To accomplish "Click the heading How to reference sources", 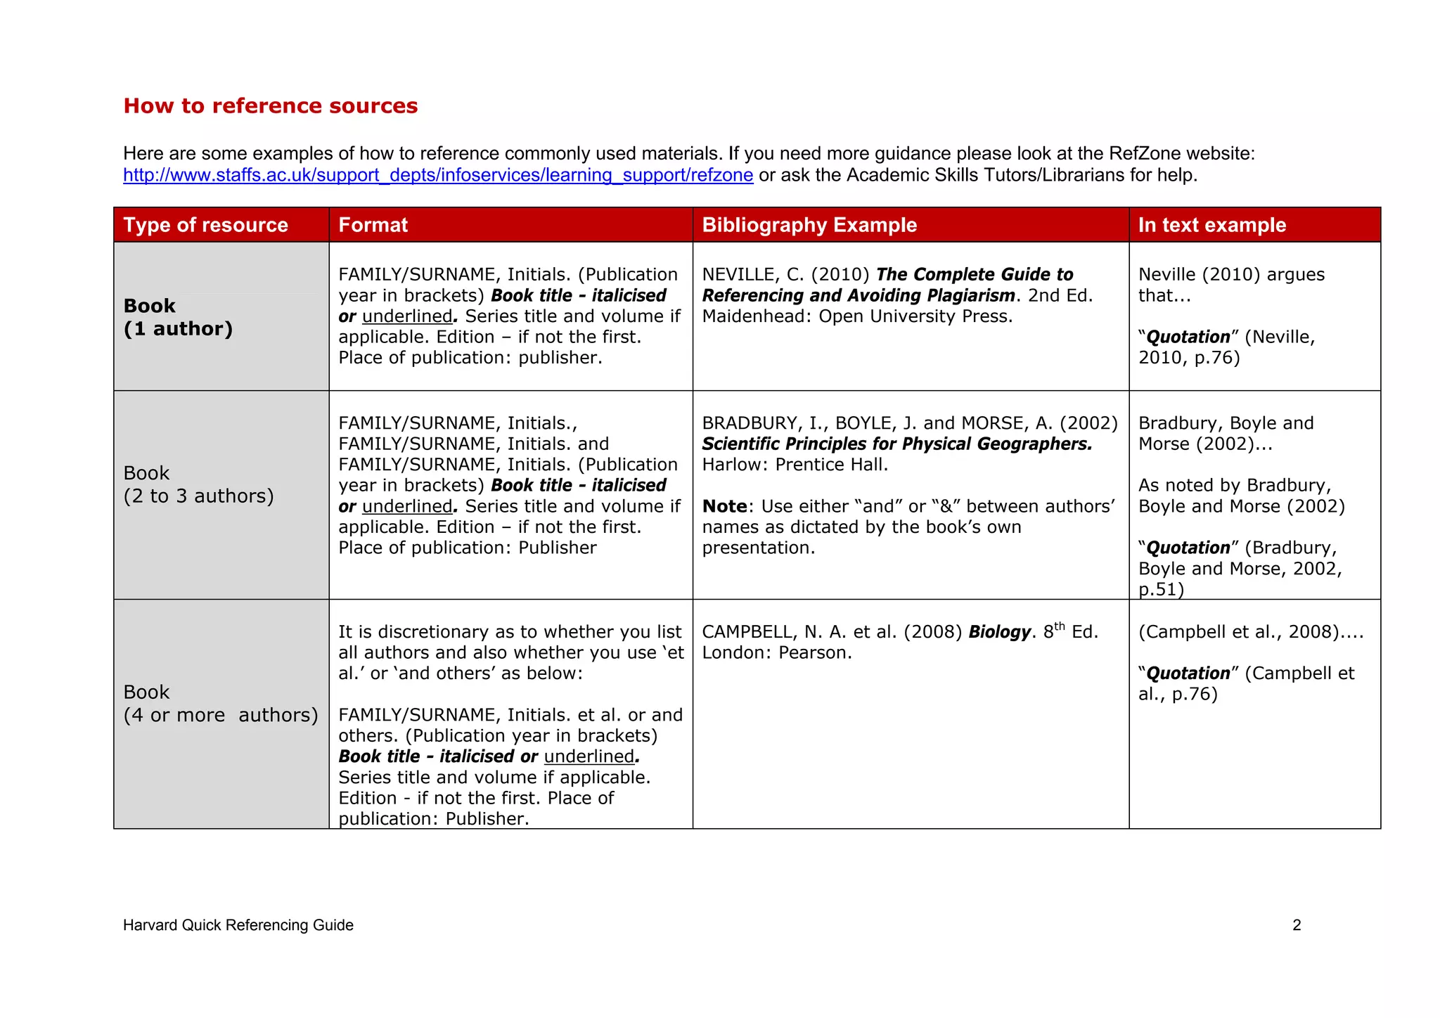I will click(x=270, y=105).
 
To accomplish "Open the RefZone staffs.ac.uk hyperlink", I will click(x=437, y=175).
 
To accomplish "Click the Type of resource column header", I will click(x=205, y=225).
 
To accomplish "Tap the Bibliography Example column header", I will click(x=809, y=225).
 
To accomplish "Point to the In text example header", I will click(x=1211, y=225).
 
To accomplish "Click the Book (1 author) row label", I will click(x=177, y=317).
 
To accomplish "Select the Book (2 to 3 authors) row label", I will click(x=198, y=484).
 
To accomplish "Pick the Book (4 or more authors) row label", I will click(x=220, y=704).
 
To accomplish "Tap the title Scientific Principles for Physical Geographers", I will click(x=896, y=444).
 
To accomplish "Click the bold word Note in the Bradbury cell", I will click(x=724, y=507).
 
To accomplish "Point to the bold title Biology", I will click(x=998, y=632).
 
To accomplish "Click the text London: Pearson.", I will click(x=776, y=653).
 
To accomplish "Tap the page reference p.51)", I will click(x=1161, y=589).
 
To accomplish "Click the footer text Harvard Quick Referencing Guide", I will click(x=238, y=925).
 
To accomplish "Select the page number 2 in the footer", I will click(x=1297, y=925).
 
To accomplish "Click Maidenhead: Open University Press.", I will click(x=856, y=316).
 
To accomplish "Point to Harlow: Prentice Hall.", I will click(x=795, y=465).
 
